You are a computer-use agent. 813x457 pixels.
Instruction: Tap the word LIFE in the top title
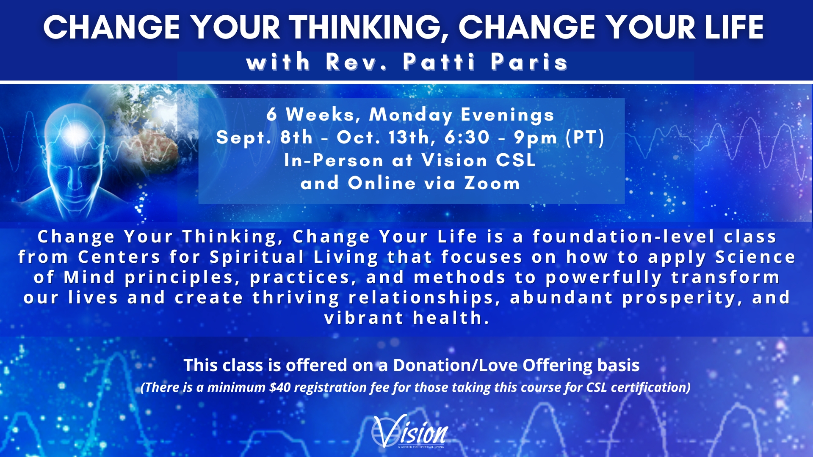coord(734,28)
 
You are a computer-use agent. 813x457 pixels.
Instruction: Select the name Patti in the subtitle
coord(439,62)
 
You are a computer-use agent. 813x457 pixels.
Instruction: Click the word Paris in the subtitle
coord(529,62)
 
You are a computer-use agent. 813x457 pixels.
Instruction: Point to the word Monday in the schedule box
coord(411,115)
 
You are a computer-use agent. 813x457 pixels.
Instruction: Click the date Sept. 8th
coord(264,138)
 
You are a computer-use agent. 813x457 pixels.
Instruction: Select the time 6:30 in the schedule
coord(467,138)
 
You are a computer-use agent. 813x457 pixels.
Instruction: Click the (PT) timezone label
coord(585,138)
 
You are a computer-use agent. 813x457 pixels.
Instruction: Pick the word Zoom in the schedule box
coord(492,183)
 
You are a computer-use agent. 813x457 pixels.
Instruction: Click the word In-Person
coord(334,160)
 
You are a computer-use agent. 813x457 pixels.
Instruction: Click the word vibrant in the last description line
coord(364,318)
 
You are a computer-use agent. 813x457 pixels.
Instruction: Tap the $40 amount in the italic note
coord(280,387)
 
